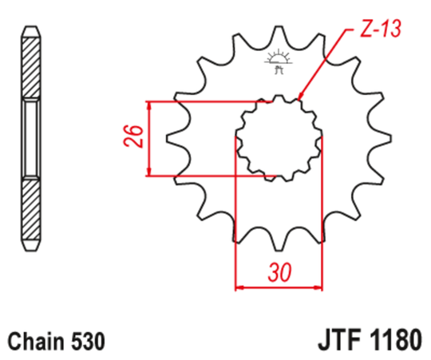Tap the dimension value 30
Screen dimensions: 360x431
(279, 273)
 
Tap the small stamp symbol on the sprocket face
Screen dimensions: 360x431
(278, 61)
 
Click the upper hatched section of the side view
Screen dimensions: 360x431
(30, 64)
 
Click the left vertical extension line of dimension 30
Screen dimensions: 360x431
(235, 224)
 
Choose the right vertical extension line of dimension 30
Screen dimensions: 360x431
(321, 224)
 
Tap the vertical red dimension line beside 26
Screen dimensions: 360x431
(149, 138)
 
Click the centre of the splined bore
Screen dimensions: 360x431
(278, 138)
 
